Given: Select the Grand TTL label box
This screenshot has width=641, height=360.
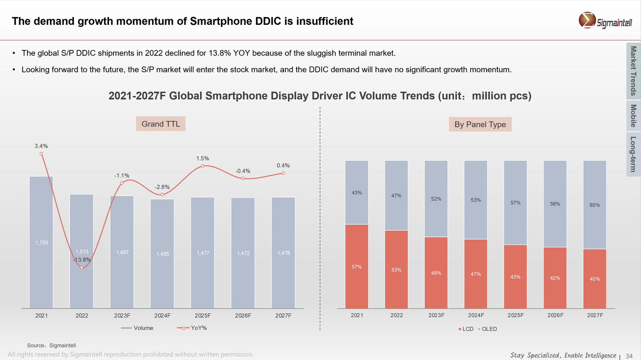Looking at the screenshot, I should [161, 124].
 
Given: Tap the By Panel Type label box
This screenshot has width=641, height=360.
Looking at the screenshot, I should [480, 125].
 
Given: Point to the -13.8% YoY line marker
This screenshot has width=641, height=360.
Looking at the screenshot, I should [81, 267].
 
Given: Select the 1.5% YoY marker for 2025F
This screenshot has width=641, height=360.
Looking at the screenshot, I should [203, 166].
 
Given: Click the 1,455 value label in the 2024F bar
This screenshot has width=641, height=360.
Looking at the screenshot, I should [163, 254].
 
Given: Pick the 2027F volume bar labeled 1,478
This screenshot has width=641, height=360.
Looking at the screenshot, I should [283, 252].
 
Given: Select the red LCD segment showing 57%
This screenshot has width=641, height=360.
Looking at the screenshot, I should [357, 266].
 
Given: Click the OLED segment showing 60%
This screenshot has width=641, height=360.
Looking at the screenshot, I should [595, 205].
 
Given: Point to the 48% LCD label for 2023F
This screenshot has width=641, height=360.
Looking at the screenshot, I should [436, 273].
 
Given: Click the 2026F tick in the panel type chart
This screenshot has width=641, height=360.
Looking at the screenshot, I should [555, 315].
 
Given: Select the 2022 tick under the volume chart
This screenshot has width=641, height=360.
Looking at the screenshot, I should [81, 315].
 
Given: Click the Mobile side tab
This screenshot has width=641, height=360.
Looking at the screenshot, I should [633, 116].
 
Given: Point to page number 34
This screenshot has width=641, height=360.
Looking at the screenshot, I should [629, 355].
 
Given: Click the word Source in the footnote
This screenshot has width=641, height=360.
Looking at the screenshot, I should [36, 345].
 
